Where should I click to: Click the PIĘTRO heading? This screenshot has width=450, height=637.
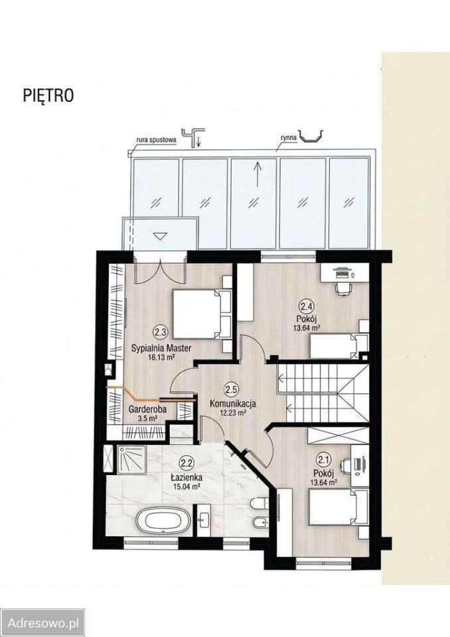(48, 95)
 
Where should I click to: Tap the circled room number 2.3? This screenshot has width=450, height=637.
(160, 332)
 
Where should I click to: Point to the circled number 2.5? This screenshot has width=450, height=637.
(231, 390)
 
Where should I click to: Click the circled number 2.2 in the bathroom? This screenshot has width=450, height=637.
(187, 462)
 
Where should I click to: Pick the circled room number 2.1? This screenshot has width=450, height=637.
(324, 460)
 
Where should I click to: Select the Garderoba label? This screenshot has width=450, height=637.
(147, 409)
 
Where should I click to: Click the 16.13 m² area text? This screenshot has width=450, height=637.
(161, 358)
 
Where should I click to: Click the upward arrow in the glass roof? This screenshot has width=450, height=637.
(256, 175)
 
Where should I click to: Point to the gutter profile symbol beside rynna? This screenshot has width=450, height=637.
(311, 136)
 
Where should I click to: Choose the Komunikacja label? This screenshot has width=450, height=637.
(232, 403)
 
